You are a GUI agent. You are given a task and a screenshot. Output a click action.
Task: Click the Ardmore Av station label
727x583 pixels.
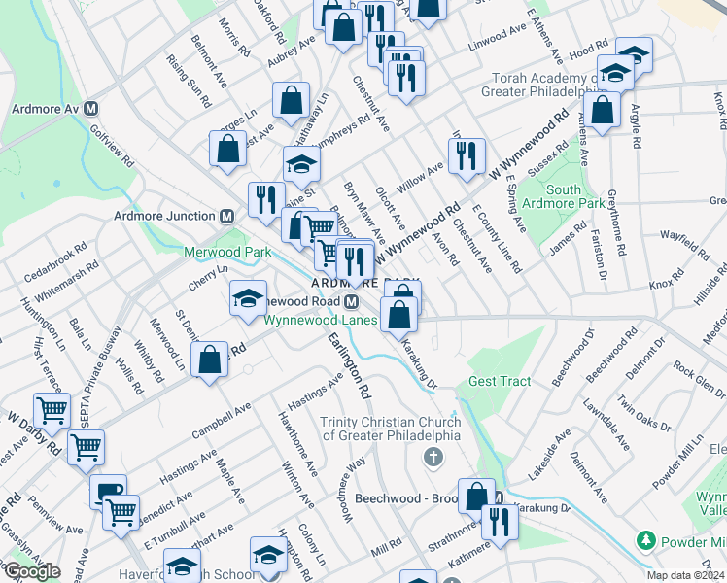click(x=44, y=108)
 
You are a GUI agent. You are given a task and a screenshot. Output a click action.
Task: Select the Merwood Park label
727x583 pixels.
click(x=226, y=252)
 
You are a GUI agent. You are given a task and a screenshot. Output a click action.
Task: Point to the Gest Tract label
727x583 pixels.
click(x=500, y=381)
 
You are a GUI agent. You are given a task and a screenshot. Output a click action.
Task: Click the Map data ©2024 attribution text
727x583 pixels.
click(x=686, y=575)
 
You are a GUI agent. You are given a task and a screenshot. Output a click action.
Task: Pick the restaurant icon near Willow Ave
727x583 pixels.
click(x=467, y=154)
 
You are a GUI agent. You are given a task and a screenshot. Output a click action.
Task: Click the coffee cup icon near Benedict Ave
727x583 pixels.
click(x=107, y=490)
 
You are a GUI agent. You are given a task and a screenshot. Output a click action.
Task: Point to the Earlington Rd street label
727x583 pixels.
click(x=350, y=366)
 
